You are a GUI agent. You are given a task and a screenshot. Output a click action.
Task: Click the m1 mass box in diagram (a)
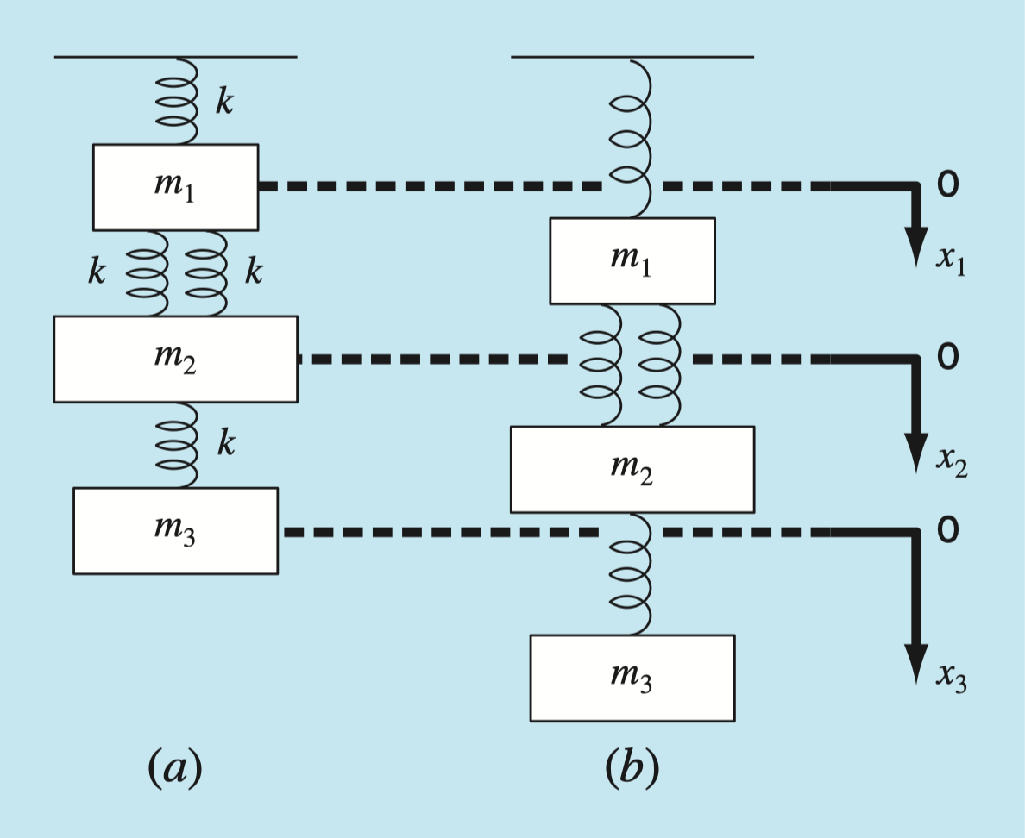[175, 187]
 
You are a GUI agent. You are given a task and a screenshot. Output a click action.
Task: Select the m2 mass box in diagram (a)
[175, 359]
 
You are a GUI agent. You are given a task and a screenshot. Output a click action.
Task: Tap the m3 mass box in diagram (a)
[175, 530]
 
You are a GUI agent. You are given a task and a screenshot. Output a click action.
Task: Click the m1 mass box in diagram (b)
[632, 260]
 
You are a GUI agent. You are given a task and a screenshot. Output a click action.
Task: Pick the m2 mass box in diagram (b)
[632, 469]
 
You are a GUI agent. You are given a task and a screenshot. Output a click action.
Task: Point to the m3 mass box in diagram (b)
[632, 678]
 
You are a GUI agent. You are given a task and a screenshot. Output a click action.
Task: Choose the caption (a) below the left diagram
[175, 767]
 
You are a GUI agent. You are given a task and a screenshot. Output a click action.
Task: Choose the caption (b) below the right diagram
[632, 767]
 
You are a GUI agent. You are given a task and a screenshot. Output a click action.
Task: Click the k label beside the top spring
[223, 101]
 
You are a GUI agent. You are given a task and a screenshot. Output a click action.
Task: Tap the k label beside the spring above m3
[225, 444]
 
